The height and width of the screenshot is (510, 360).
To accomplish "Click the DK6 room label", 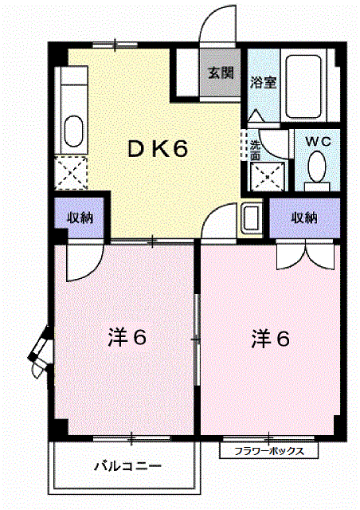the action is tap(158, 149).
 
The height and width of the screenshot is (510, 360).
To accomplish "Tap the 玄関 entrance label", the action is tap(221, 73).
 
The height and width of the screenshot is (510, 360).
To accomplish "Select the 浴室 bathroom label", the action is tap(263, 83).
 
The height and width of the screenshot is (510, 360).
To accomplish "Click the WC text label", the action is tap(318, 142).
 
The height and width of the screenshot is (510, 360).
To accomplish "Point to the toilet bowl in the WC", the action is tap(317, 167).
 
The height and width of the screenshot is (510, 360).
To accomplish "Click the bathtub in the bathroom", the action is tap(303, 87).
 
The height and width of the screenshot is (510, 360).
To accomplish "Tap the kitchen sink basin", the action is tap(73, 131).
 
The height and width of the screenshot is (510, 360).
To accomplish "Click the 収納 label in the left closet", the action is tap(80, 218).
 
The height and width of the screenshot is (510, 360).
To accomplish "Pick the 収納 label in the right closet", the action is tap(304, 218).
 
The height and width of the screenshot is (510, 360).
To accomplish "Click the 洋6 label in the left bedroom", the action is tap(127, 338).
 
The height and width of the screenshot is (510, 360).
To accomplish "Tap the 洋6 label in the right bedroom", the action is tap(271, 339).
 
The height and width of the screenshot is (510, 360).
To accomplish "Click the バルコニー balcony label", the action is tap(127, 466).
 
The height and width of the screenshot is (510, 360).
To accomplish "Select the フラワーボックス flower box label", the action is tap(269, 451).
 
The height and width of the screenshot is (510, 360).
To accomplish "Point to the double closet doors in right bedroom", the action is tap(305, 254).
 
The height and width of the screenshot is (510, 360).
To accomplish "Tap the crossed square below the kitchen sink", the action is tap(71, 173).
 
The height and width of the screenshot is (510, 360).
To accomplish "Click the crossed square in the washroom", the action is tap(268, 177).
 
